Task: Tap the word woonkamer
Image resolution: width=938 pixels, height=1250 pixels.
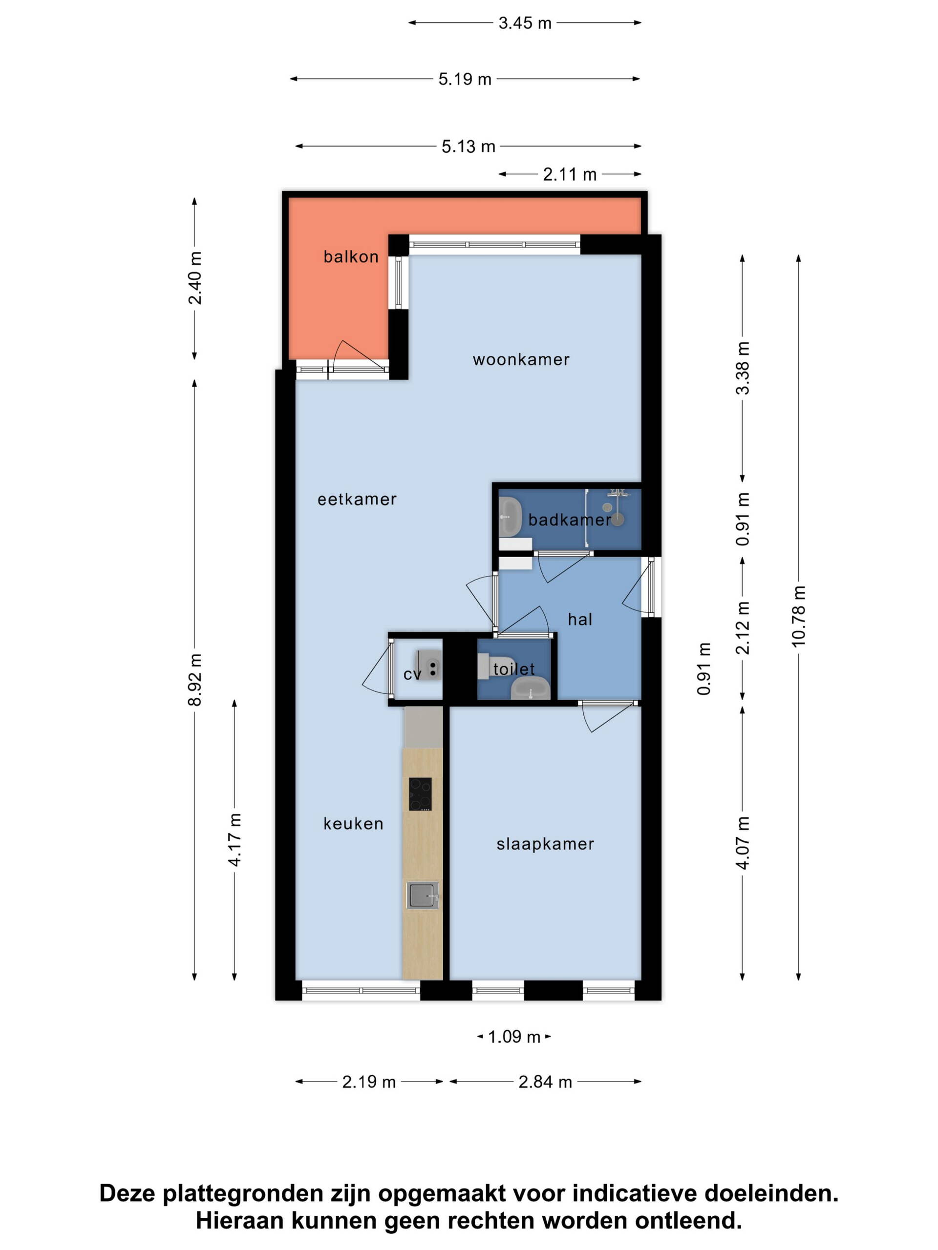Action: pyautogui.click(x=521, y=359)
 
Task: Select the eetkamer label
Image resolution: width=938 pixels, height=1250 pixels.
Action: pyautogui.click(x=357, y=499)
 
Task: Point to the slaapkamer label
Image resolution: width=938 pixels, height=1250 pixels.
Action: pyautogui.click(x=545, y=844)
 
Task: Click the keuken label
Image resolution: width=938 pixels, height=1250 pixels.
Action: pyautogui.click(x=353, y=823)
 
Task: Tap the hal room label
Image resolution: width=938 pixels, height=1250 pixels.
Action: pyautogui.click(x=580, y=619)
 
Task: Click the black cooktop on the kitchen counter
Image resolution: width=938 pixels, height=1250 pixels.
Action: pyautogui.click(x=420, y=794)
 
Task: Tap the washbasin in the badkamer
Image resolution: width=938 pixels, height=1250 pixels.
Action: pyautogui.click(x=510, y=517)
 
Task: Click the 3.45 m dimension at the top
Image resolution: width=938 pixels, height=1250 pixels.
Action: pyautogui.click(x=525, y=23)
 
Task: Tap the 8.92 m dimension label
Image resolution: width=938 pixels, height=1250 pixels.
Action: pyautogui.click(x=194, y=680)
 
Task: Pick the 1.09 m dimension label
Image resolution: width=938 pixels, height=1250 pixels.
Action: pyautogui.click(x=514, y=1037)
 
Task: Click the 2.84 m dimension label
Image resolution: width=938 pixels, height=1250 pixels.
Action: pyautogui.click(x=545, y=1082)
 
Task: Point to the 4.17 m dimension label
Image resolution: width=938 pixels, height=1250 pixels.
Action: pyautogui.click(x=234, y=840)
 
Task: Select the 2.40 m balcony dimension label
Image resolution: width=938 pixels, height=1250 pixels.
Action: pyautogui.click(x=194, y=278)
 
